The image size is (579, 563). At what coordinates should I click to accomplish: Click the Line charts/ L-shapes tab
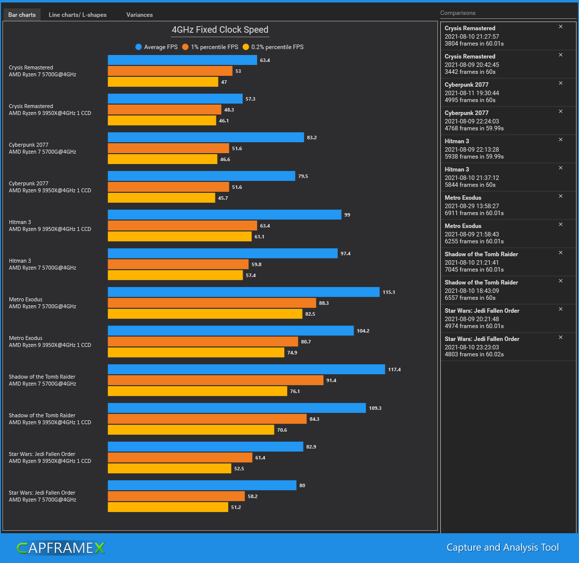pyautogui.click(x=77, y=15)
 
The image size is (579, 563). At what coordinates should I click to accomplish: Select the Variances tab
pyautogui.click(x=139, y=15)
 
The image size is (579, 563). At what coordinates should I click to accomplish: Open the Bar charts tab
pyautogui.click(x=22, y=15)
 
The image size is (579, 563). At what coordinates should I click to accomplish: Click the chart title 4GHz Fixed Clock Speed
pyautogui.click(x=220, y=30)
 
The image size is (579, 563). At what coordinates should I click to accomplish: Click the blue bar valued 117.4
pyautogui.click(x=246, y=369)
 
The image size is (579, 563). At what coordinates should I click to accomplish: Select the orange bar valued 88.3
pyautogui.click(x=211, y=303)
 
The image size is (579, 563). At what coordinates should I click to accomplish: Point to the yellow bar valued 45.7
pyautogui.click(x=162, y=198)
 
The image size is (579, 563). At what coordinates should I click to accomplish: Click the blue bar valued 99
pyautogui.click(x=224, y=215)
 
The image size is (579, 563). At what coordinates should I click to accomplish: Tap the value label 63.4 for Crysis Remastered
pyautogui.click(x=265, y=60)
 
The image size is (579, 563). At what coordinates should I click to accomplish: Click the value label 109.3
pyautogui.click(x=375, y=408)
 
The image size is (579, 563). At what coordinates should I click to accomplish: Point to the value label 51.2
pyautogui.click(x=236, y=507)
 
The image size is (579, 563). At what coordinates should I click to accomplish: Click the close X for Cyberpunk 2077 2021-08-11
pyautogui.click(x=561, y=83)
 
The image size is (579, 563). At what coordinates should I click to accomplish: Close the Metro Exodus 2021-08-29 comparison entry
pyautogui.click(x=561, y=196)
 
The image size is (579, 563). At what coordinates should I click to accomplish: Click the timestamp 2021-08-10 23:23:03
pyautogui.click(x=472, y=347)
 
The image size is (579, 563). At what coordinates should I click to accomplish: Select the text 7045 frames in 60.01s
pyautogui.click(x=474, y=270)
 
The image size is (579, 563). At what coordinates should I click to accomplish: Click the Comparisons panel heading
pyautogui.click(x=458, y=13)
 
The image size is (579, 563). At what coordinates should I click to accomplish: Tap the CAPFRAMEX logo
pyautogui.click(x=60, y=548)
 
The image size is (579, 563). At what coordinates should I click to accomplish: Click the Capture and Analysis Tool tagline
pyautogui.click(x=502, y=548)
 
